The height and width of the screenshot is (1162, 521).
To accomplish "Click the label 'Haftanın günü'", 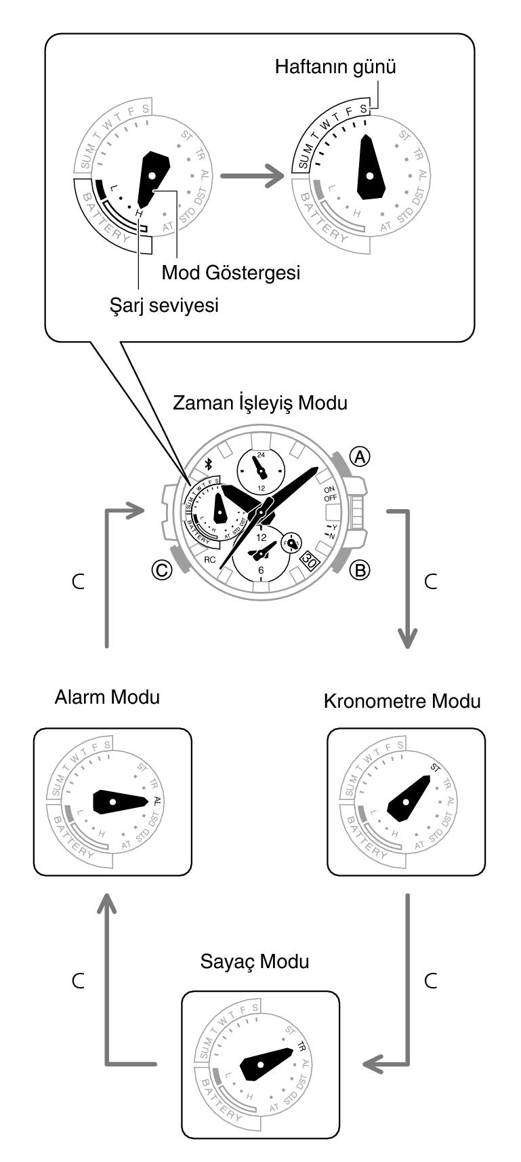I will tap(335, 67).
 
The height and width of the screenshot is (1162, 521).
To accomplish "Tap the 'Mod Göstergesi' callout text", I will tap(230, 273).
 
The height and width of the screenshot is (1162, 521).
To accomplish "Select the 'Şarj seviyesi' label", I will tap(164, 306).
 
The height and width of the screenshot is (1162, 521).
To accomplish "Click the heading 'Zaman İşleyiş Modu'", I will tap(260, 403).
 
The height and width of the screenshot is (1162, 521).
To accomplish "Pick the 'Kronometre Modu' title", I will tap(402, 700).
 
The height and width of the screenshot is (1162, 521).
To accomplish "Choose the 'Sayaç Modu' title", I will tap(255, 961).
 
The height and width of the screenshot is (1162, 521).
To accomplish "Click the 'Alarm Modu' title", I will tap(107, 697).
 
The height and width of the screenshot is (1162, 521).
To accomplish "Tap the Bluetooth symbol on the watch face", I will tap(209, 464).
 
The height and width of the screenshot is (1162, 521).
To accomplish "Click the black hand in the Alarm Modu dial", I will tap(119, 801).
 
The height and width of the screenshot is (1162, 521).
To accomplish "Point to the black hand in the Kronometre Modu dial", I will tap(411, 798).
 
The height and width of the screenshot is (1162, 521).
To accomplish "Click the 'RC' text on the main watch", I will tap(209, 560).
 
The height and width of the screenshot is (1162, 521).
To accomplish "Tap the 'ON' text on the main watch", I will tap(329, 489).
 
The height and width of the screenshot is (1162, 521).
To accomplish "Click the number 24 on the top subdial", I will tap(261, 455).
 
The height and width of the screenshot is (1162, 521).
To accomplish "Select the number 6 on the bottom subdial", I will tap(261, 570).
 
